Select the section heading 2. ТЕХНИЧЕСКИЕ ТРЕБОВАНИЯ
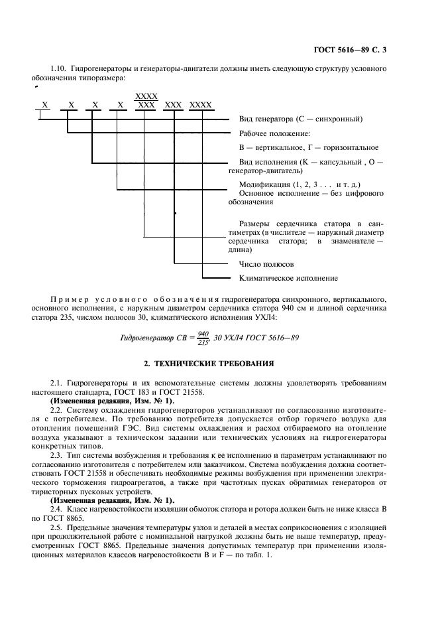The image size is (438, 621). (x=218, y=364)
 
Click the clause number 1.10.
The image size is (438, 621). (x=59, y=69)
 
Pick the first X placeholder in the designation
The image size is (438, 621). (x=44, y=105)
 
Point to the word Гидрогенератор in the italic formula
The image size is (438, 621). (x=148, y=338)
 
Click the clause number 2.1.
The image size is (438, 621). (x=56, y=383)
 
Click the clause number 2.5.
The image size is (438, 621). (x=56, y=508)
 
